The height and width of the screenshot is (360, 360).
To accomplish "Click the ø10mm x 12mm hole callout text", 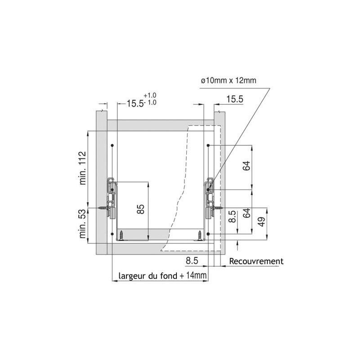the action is click(x=229, y=81).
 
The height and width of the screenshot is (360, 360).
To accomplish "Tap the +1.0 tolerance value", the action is click(x=150, y=95).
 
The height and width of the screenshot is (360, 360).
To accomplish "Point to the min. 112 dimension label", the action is click(x=82, y=168).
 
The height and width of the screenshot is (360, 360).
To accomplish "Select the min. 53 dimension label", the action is click(x=82, y=224).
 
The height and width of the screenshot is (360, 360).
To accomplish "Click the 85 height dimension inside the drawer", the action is click(x=140, y=209).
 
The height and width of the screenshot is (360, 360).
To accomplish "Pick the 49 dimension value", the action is click(x=262, y=221).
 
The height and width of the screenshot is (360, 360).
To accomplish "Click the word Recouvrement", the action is click(x=256, y=261).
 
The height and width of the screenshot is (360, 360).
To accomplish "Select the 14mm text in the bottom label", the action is click(x=196, y=275).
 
